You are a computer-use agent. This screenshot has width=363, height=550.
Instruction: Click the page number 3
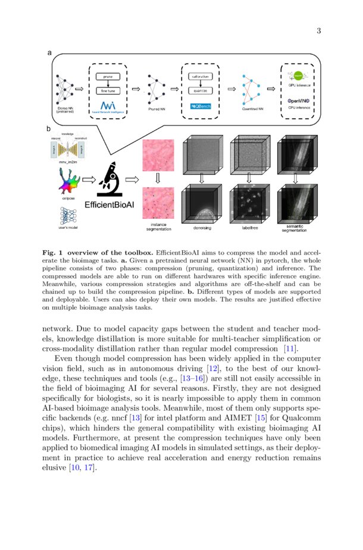coord(318,31)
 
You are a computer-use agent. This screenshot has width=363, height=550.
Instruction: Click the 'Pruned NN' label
coord(157,109)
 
